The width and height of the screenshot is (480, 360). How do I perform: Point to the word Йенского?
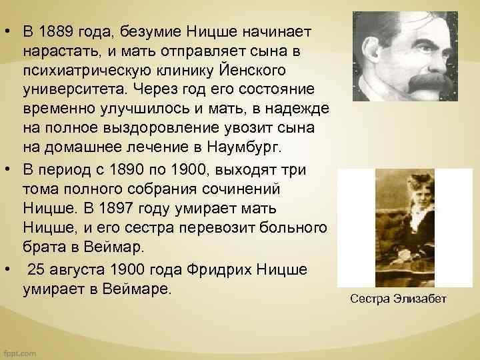[x=229, y=70]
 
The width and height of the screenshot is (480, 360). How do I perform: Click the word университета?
[x=73, y=89]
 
